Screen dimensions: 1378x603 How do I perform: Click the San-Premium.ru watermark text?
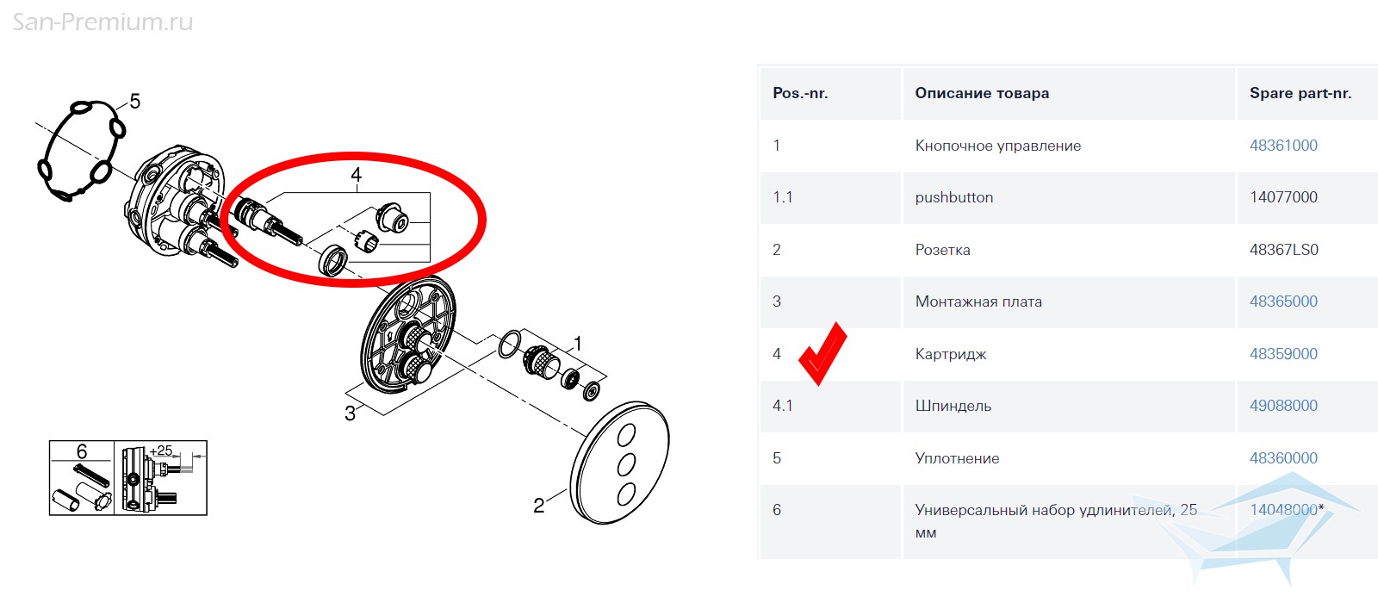(x=102, y=22)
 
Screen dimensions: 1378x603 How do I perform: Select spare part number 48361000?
(x=1283, y=146)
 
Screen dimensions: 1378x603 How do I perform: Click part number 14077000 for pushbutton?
(x=1283, y=197)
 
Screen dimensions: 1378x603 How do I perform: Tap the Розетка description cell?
(x=942, y=250)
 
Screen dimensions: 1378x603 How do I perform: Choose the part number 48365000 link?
(x=1283, y=301)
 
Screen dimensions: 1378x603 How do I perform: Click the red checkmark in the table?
(x=822, y=354)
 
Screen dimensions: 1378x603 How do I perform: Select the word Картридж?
(x=951, y=354)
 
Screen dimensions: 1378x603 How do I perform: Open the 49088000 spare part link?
(x=1283, y=406)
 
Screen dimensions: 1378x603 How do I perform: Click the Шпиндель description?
(x=953, y=406)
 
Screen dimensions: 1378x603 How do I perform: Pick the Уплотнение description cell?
(x=957, y=458)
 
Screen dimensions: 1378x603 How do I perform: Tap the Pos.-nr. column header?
(x=800, y=93)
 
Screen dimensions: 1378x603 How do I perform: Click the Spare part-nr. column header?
(x=1300, y=93)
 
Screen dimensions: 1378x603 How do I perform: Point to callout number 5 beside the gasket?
(x=134, y=101)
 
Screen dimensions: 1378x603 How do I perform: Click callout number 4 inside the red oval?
(x=357, y=175)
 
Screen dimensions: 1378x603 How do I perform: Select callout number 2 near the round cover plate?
(x=539, y=506)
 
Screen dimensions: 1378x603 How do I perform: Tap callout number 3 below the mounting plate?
(x=350, y=413)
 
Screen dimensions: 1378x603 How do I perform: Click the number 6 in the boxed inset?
(x=82, y=451)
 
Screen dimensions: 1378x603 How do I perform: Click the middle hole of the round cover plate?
(x=626, y=464)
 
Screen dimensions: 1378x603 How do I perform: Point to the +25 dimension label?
(x=160, y=451)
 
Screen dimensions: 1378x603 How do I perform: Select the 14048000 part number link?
(x=1283, y=509)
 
